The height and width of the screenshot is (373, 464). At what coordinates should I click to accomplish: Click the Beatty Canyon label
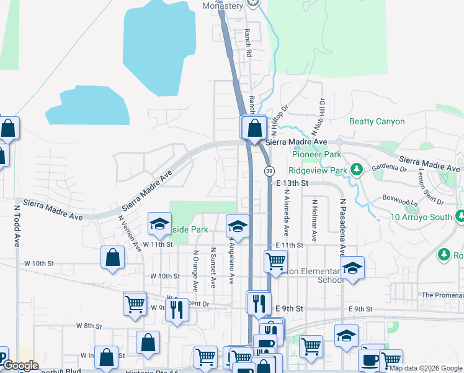pyautogui.click(x=377, y=121)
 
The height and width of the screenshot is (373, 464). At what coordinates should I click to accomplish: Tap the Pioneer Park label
pyautogui.click(x=315, y=154)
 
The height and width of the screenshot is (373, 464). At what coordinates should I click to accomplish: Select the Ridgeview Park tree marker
pyautogui.click(x=357, y=169)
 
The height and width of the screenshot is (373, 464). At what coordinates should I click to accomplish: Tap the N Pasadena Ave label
pyautogui.click(x=342, y=227)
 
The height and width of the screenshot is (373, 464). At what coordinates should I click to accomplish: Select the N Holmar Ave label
pyautogui.click(x=315, y=221)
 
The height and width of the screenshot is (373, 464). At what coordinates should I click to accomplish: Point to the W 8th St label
pyautogui.click(x=89, y=325)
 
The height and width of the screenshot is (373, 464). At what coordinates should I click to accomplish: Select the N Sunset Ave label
pyautogui.click(x=212, y=268)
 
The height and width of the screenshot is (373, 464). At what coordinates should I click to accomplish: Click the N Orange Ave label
pyautogui.click(x=195, y=270)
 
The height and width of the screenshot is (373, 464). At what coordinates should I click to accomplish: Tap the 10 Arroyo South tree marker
pyautogui.click(x=460, y=217)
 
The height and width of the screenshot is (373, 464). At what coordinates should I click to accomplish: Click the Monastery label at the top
pyautogui.click(x=223, y=6)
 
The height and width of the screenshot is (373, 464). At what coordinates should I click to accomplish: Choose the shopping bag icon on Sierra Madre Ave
pyautogui.click(x=254, y=129)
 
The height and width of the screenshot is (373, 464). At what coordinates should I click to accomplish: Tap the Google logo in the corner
pyautogui.click(x=20, y=366)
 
